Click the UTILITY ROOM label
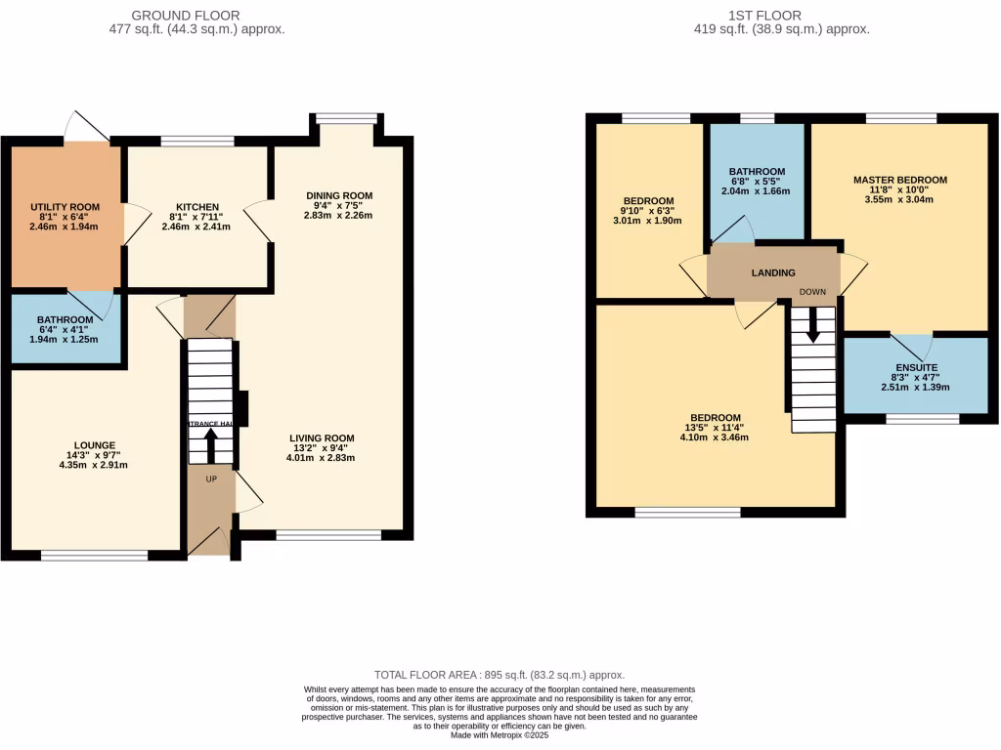click(x=65, y=206)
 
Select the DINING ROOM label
click(x=338, y=195)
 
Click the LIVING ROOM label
click(x=322, y=437)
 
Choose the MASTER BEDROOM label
click(x=899, y=180)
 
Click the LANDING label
click(x=772, y=272)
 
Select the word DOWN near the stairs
click(x=812, y=291)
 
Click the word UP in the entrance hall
click(x=210, y=479)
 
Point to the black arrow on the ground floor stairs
click(x=210, y=448)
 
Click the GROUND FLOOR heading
click(x=185, y=16)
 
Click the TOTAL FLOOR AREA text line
click(x=500, y=675)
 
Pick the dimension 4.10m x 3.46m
click(x=712, y=438)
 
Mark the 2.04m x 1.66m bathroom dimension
click(x=757, y=191)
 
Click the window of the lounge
click(x=94, y=556)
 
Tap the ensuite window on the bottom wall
click(x=923, y=419)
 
